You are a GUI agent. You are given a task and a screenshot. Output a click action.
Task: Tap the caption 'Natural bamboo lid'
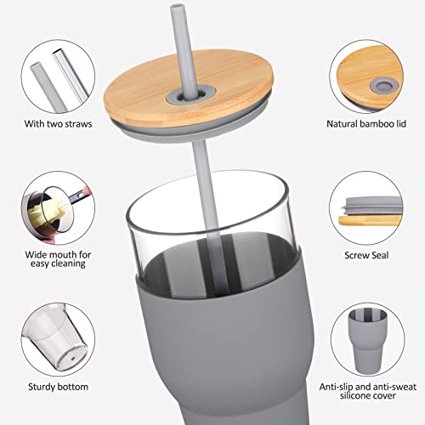tap(367, 124)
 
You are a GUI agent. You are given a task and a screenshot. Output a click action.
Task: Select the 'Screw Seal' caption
tap(370, 254)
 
